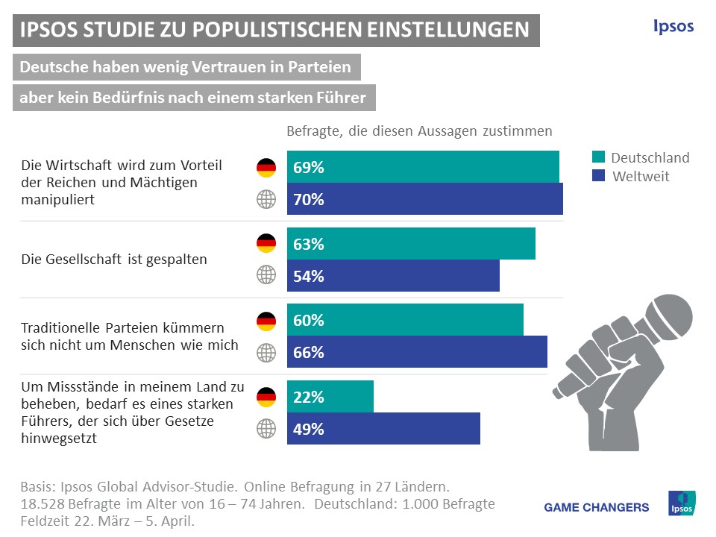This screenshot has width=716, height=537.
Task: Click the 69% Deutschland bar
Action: pos(423,167)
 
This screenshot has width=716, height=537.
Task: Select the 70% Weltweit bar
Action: pos(425,199)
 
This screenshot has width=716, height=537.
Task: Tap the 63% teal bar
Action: pos(411,244)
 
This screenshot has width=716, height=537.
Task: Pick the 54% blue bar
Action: pos(393,276)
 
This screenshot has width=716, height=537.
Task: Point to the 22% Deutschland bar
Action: pos(330,397)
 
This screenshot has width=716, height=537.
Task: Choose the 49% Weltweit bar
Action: pos(383,429)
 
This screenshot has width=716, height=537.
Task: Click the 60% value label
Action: pos(309,321)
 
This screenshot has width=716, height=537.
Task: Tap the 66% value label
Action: pos(309,353)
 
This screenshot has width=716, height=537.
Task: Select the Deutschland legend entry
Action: pos(641,157)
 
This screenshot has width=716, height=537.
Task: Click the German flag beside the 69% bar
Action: pos(266,168)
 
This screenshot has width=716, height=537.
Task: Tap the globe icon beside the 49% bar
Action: pos(266,429)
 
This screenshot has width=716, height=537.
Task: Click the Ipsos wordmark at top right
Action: pos(673,27)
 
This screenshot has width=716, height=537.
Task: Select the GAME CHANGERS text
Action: pos(597,507)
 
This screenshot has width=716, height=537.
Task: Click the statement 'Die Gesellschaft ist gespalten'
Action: pos(114,260)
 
